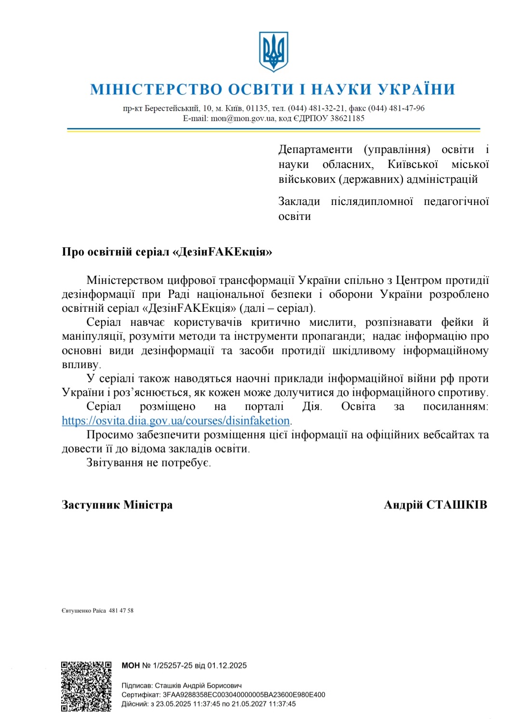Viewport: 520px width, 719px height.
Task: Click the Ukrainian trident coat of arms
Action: coord(273,51)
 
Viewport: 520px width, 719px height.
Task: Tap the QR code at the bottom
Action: coord(86,686)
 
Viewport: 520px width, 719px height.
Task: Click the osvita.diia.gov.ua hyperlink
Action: coord(176,421)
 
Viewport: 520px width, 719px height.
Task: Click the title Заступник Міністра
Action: coord(117,505)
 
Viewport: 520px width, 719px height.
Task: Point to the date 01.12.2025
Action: coord(227,666)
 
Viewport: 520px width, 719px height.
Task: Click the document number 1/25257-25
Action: coord(172,666)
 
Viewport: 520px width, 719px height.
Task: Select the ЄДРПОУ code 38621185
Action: coord(347,118)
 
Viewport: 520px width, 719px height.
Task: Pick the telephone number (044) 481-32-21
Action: coord(316,108)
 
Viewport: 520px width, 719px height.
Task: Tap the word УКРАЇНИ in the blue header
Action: coord(416,90)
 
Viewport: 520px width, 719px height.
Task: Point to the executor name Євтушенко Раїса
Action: coord(84,611)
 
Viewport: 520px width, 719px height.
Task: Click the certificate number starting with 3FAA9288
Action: coord(244,695)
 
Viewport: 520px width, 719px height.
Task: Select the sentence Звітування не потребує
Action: coord(148,463)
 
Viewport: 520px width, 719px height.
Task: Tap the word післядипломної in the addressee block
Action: coord(372,202)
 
